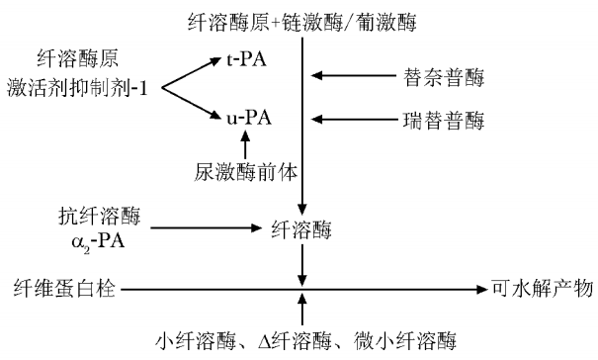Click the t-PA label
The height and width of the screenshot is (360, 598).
pyautogui.click(x=247, y=60)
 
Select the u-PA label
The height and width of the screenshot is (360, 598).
pyautogui.click(x=247, y=118)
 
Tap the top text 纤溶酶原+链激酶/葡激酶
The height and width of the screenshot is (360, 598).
pyautogui.click(x=302, y=20)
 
